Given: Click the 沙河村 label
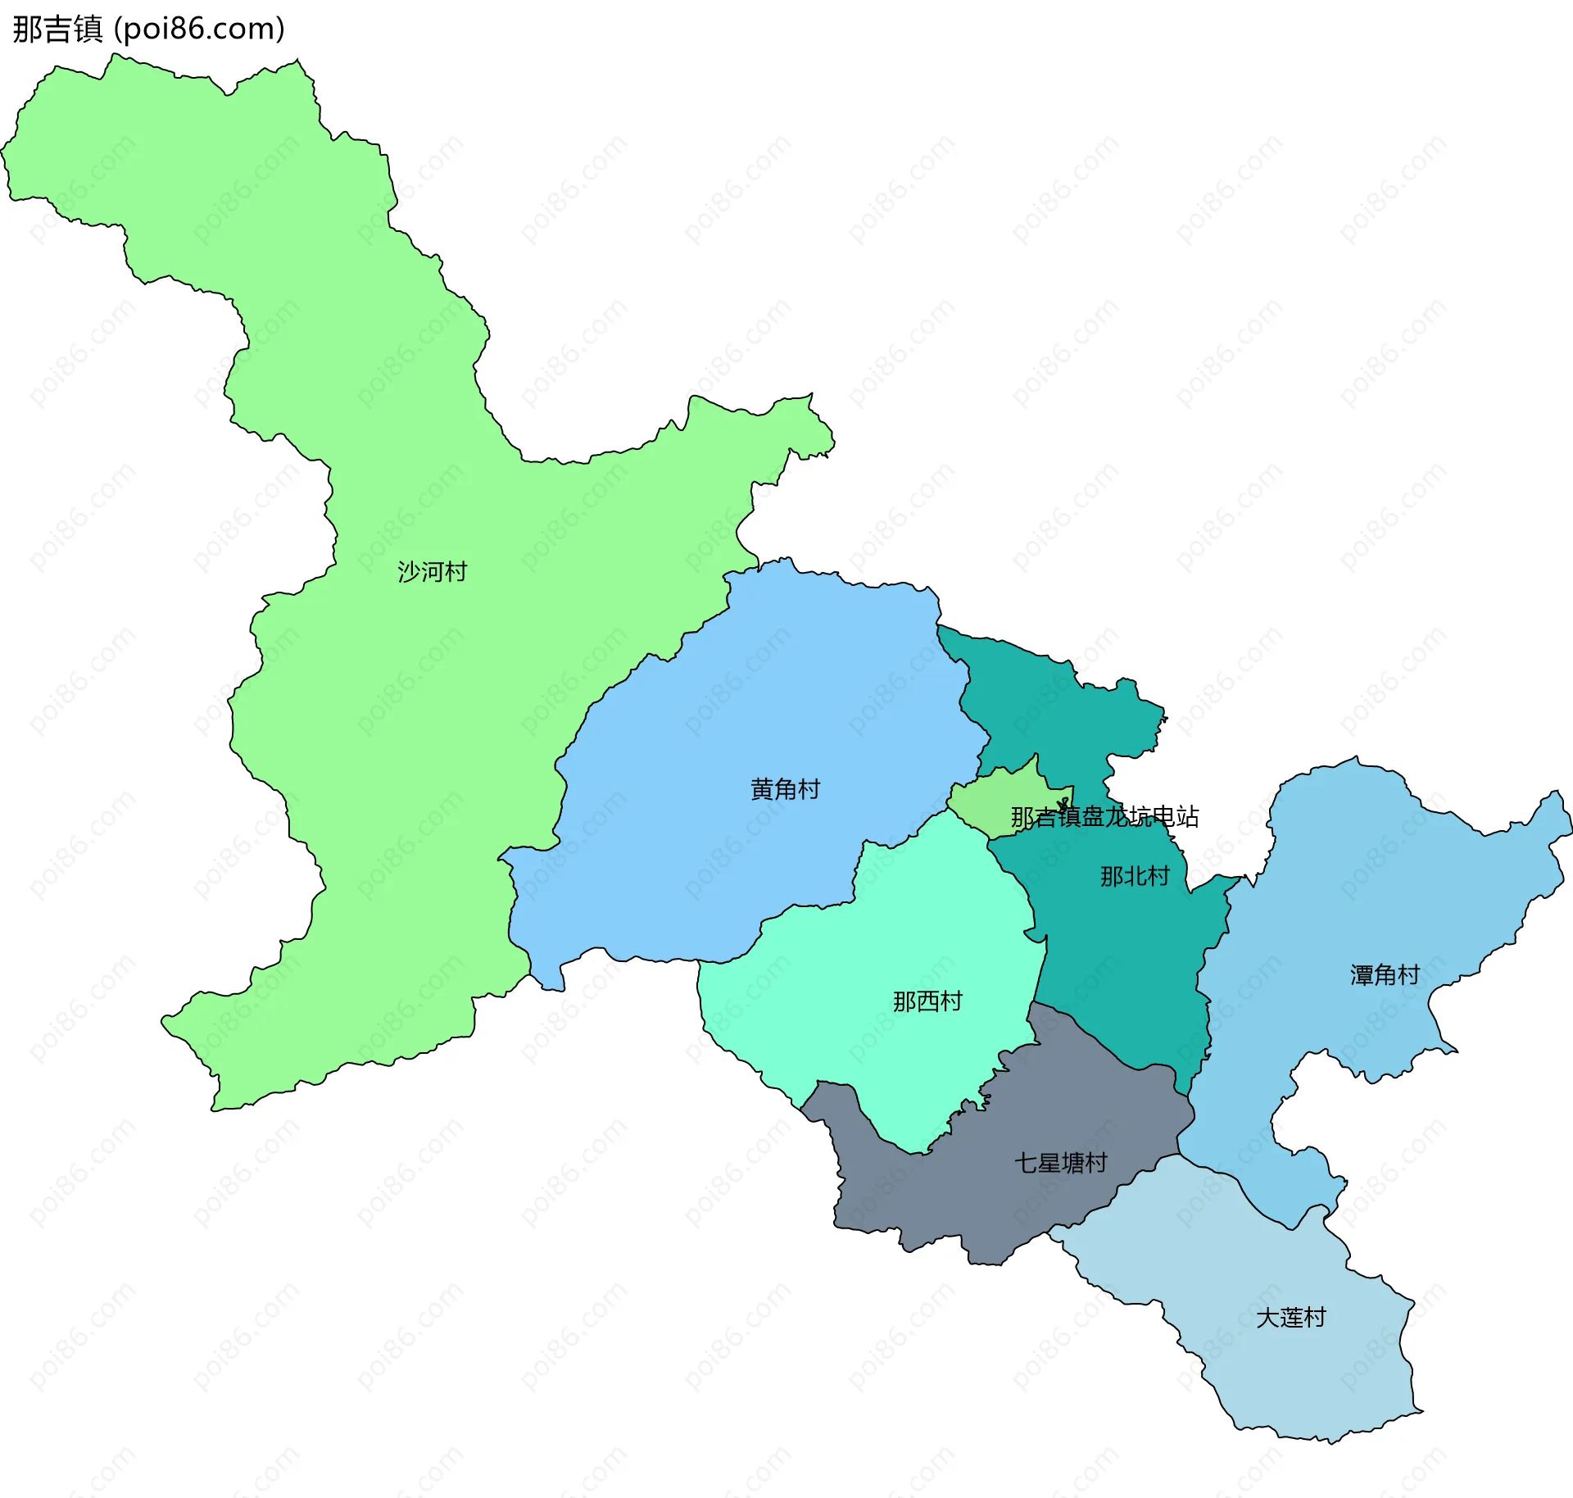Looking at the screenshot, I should [x=432, y=571].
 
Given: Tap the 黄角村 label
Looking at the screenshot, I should [x=785, y=788].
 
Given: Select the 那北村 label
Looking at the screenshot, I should [x=1134, y=876].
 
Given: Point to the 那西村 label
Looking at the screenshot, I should [x=927, y=1001].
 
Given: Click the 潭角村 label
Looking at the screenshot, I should [x=1385, y=974].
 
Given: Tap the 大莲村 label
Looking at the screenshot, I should [x=1290, y=1317].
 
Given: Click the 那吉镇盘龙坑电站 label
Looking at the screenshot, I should [x=1104, y=816].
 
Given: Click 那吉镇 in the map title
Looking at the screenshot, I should [x=57, y=29].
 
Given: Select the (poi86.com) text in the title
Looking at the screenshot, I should [x=199, y=29].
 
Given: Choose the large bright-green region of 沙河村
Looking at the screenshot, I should [x=369, y=738].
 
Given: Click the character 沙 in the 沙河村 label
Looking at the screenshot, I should [x=409, y=571].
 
